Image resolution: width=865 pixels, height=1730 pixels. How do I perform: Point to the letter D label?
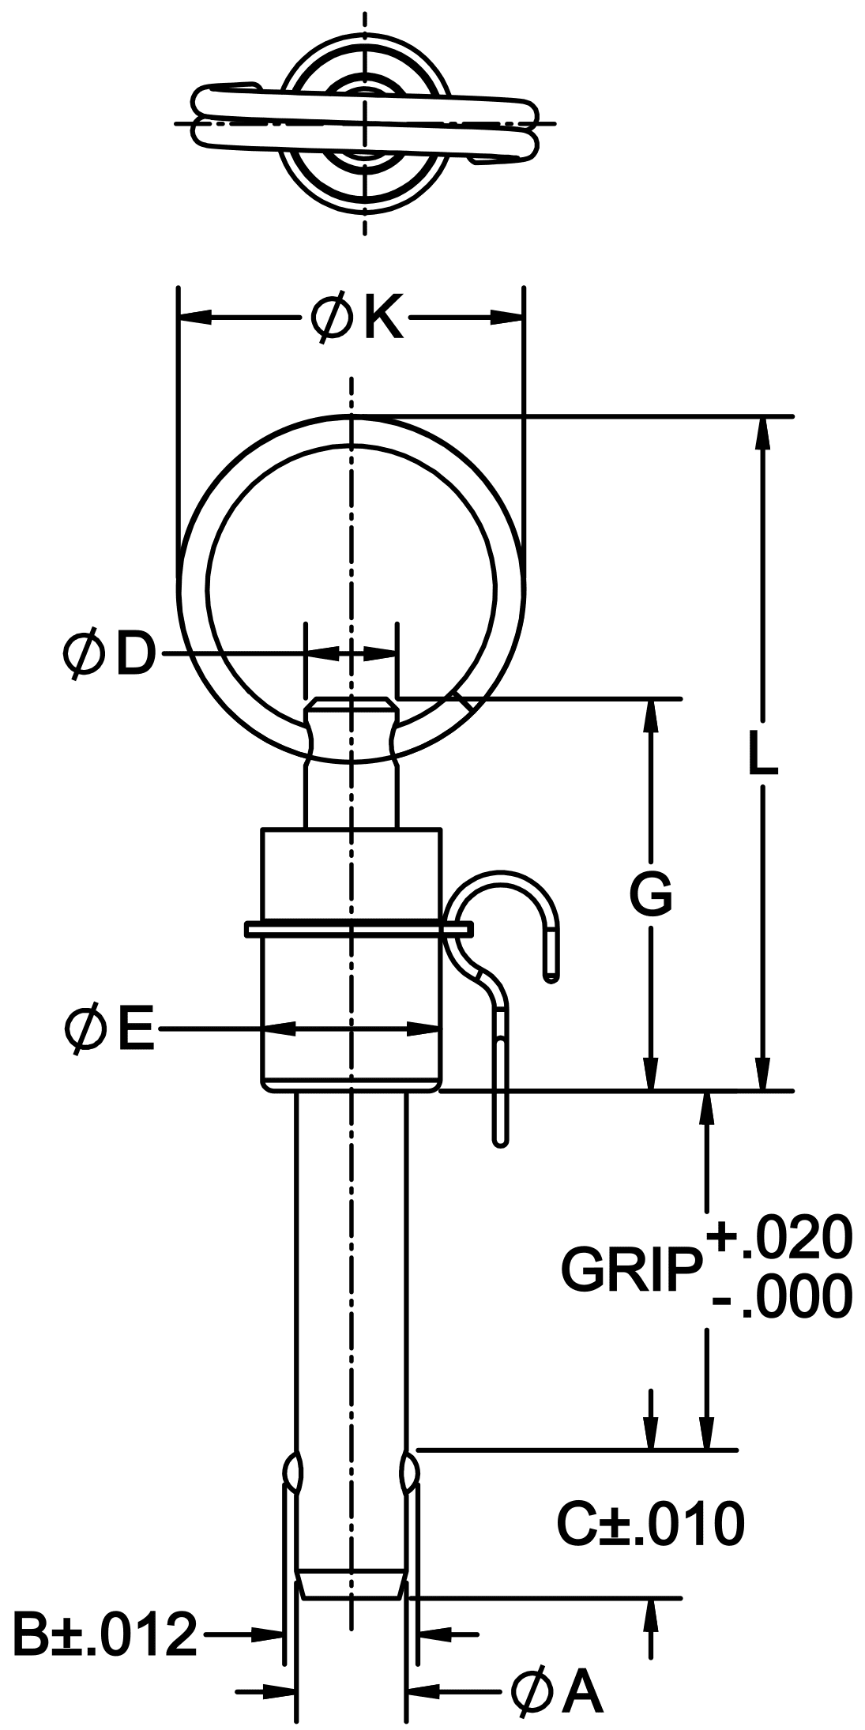coord(133,654)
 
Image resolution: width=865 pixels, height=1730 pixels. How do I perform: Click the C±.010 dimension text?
coord(650,1525)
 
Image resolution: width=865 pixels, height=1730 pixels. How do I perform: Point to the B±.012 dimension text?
coord(104,1633)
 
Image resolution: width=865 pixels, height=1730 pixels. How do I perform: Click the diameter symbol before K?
coord(330,318)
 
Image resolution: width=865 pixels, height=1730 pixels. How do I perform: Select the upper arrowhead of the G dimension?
coord(650,714)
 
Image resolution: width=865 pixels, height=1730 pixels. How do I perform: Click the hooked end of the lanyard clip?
coord(552,968)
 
